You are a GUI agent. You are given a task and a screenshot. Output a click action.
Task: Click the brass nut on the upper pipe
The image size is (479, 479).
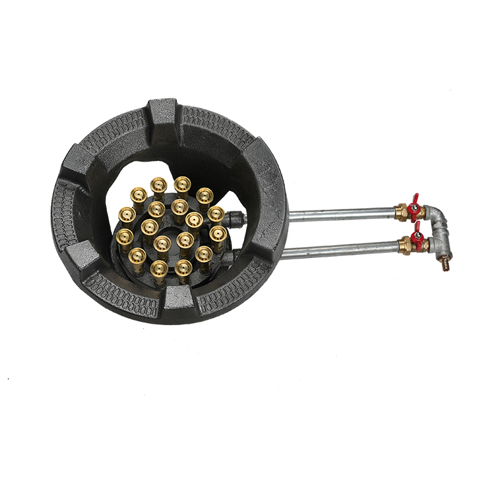click(401, 212)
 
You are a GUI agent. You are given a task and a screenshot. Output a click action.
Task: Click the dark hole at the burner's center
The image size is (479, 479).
click(171, 227)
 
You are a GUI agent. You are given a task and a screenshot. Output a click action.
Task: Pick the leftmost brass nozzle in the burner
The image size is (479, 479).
click(125, 239)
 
